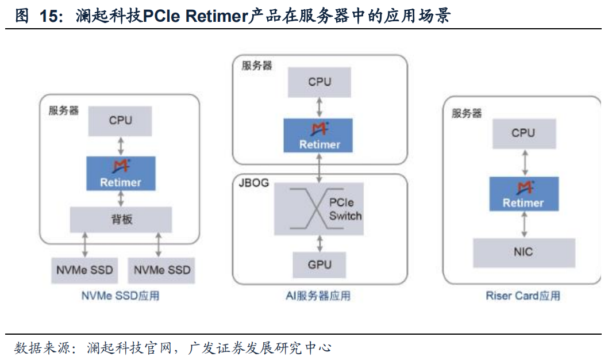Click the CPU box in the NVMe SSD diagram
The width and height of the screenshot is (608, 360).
coord(120,121)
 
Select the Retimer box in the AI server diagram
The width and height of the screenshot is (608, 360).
coord(318,135)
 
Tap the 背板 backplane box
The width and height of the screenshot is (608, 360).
coord(121,220)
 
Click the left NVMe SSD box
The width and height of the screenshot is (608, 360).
coord(84,270)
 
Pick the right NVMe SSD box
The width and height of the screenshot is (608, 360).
coord(161,270)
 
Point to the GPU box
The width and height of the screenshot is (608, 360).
coord(319,265)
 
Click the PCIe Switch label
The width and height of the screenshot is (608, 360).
coord(345,209)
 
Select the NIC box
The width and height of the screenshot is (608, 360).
coord(524,252)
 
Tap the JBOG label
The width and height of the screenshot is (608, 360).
coord(253,183)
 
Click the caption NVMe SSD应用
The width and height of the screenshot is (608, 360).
coord(120,296)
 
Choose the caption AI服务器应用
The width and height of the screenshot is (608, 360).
coord(318,296)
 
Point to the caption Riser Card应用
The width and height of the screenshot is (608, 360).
coord(523,296)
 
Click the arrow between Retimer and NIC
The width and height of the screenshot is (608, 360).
coord(524,224)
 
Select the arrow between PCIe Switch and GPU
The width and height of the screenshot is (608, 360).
coord(320,244)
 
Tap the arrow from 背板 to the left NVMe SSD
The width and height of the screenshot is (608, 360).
coord(85,245)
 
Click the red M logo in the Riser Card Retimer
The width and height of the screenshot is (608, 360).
coord(525,187)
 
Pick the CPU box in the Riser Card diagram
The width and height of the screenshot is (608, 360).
coord(524,134)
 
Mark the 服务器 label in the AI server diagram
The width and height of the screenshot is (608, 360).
coord(257,66)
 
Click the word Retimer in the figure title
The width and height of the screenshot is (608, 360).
coord(217,16)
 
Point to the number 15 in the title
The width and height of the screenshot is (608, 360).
coord(48,16)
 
